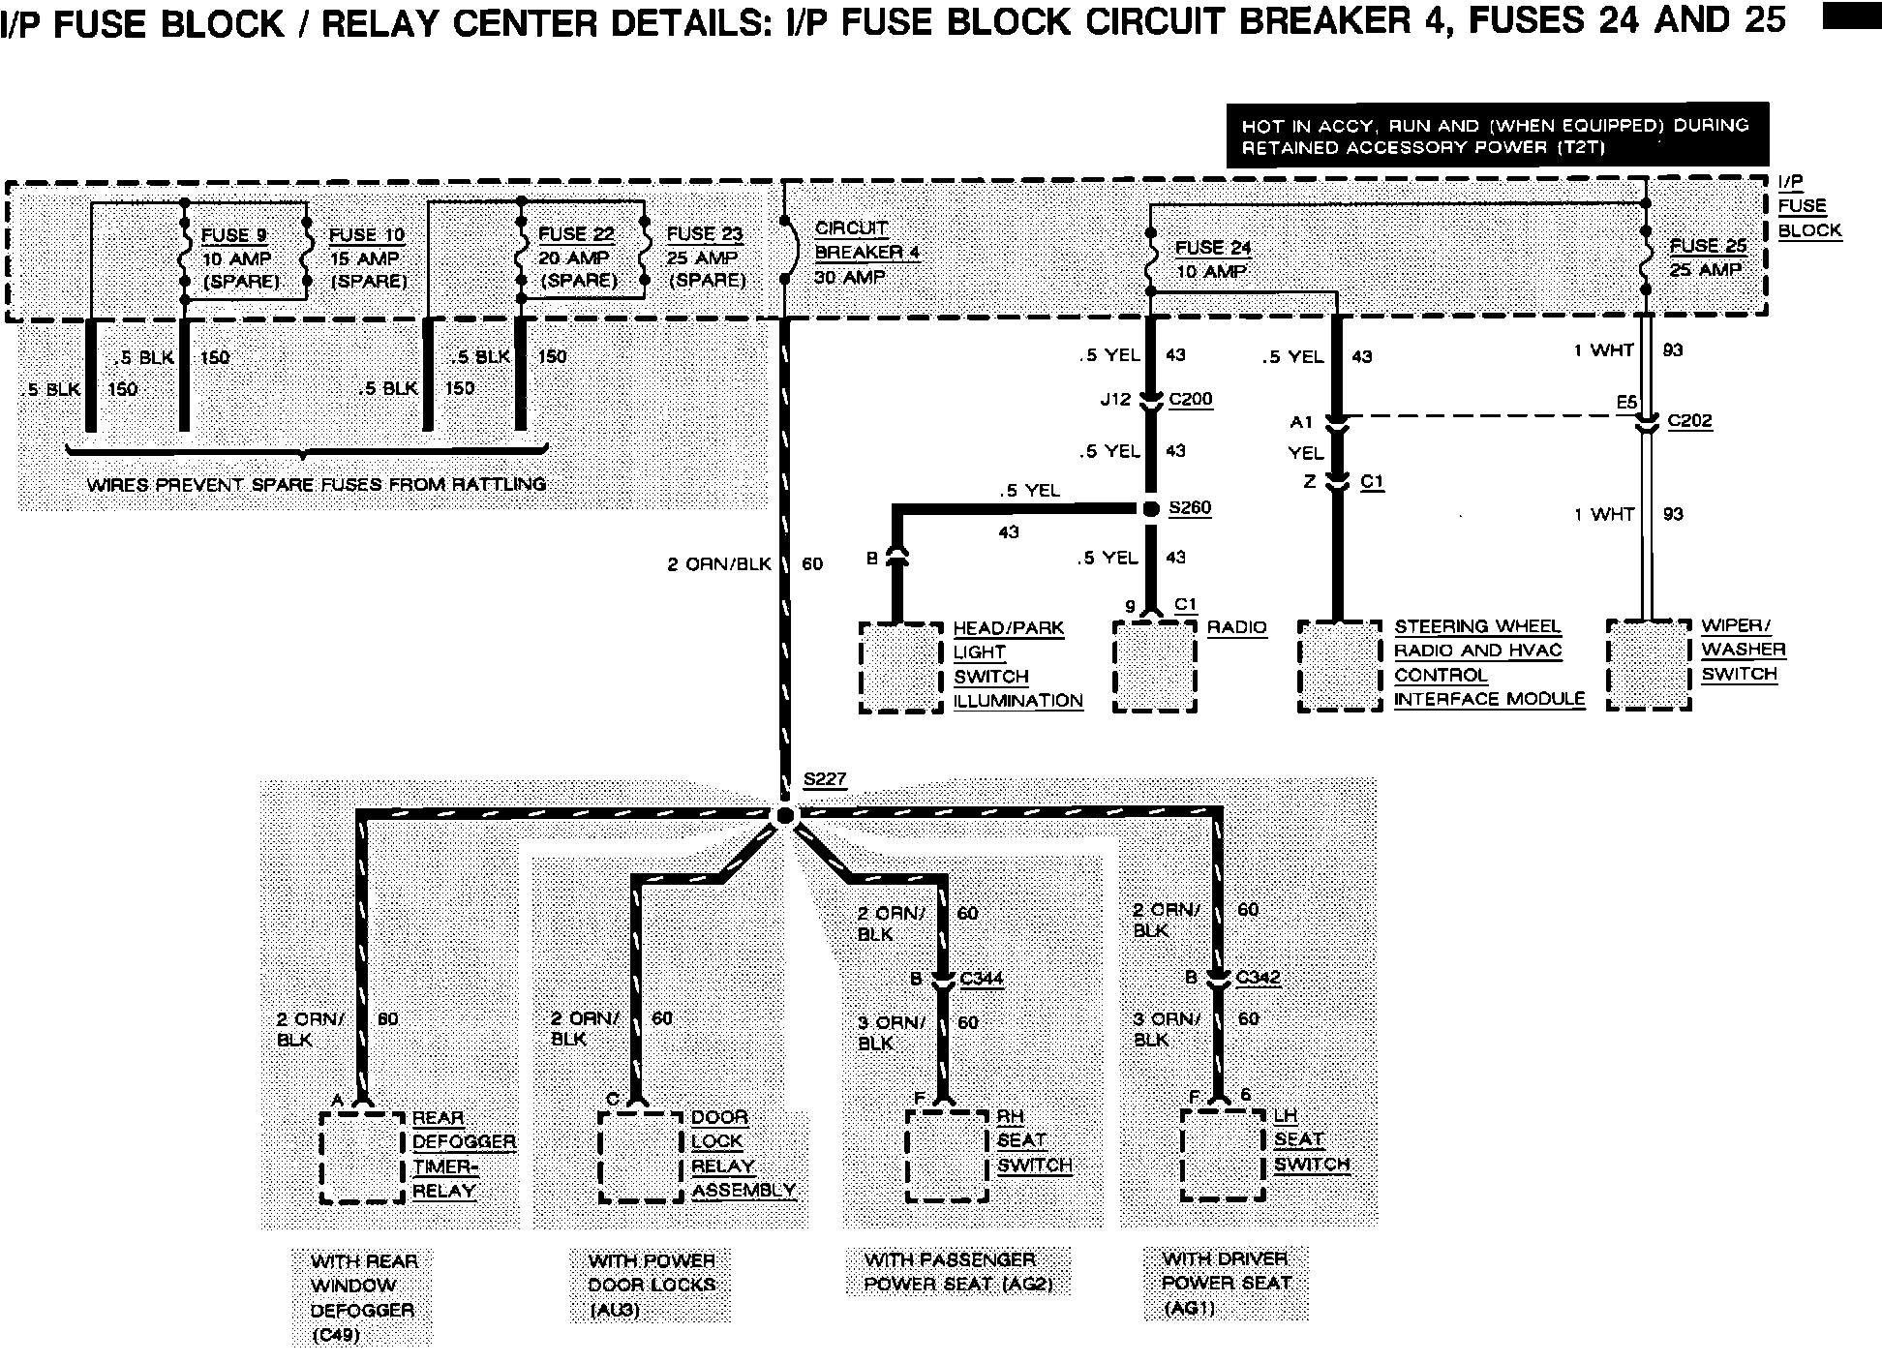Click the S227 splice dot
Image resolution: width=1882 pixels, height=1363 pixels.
pyautogui.click(x=785, y=816)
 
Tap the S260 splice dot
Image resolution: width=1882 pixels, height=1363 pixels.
pyautogui.click(x=1150, y=508)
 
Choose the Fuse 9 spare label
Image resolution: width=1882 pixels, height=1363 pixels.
pyautogui.click(x=237, y=258)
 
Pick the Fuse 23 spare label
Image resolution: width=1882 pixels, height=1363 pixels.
pyautogui.click(x=705, y=257)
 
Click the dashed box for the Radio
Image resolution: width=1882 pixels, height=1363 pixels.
pyautogui.click(x=1155, y=667)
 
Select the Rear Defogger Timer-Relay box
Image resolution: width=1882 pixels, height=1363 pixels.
pyautogui.click(x=362, y=1157)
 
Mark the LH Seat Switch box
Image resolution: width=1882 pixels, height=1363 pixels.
pyautogui.click(x=1223, y=1154)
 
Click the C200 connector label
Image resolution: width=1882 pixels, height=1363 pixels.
pyautogui.click(x=1190, y=400)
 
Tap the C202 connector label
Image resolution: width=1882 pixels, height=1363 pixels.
pyautogui.click(x=1689, y=421)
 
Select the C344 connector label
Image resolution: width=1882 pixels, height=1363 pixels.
pyautogui.click(x=982, y=979)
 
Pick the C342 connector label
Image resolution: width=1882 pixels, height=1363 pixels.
pyautogui.click(x=1258, y=978)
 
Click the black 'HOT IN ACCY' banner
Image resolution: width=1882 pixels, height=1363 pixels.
pyautogui.click(x=1497, y=136)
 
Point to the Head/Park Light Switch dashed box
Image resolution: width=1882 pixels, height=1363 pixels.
pyautogui.click(x=900, y=668)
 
